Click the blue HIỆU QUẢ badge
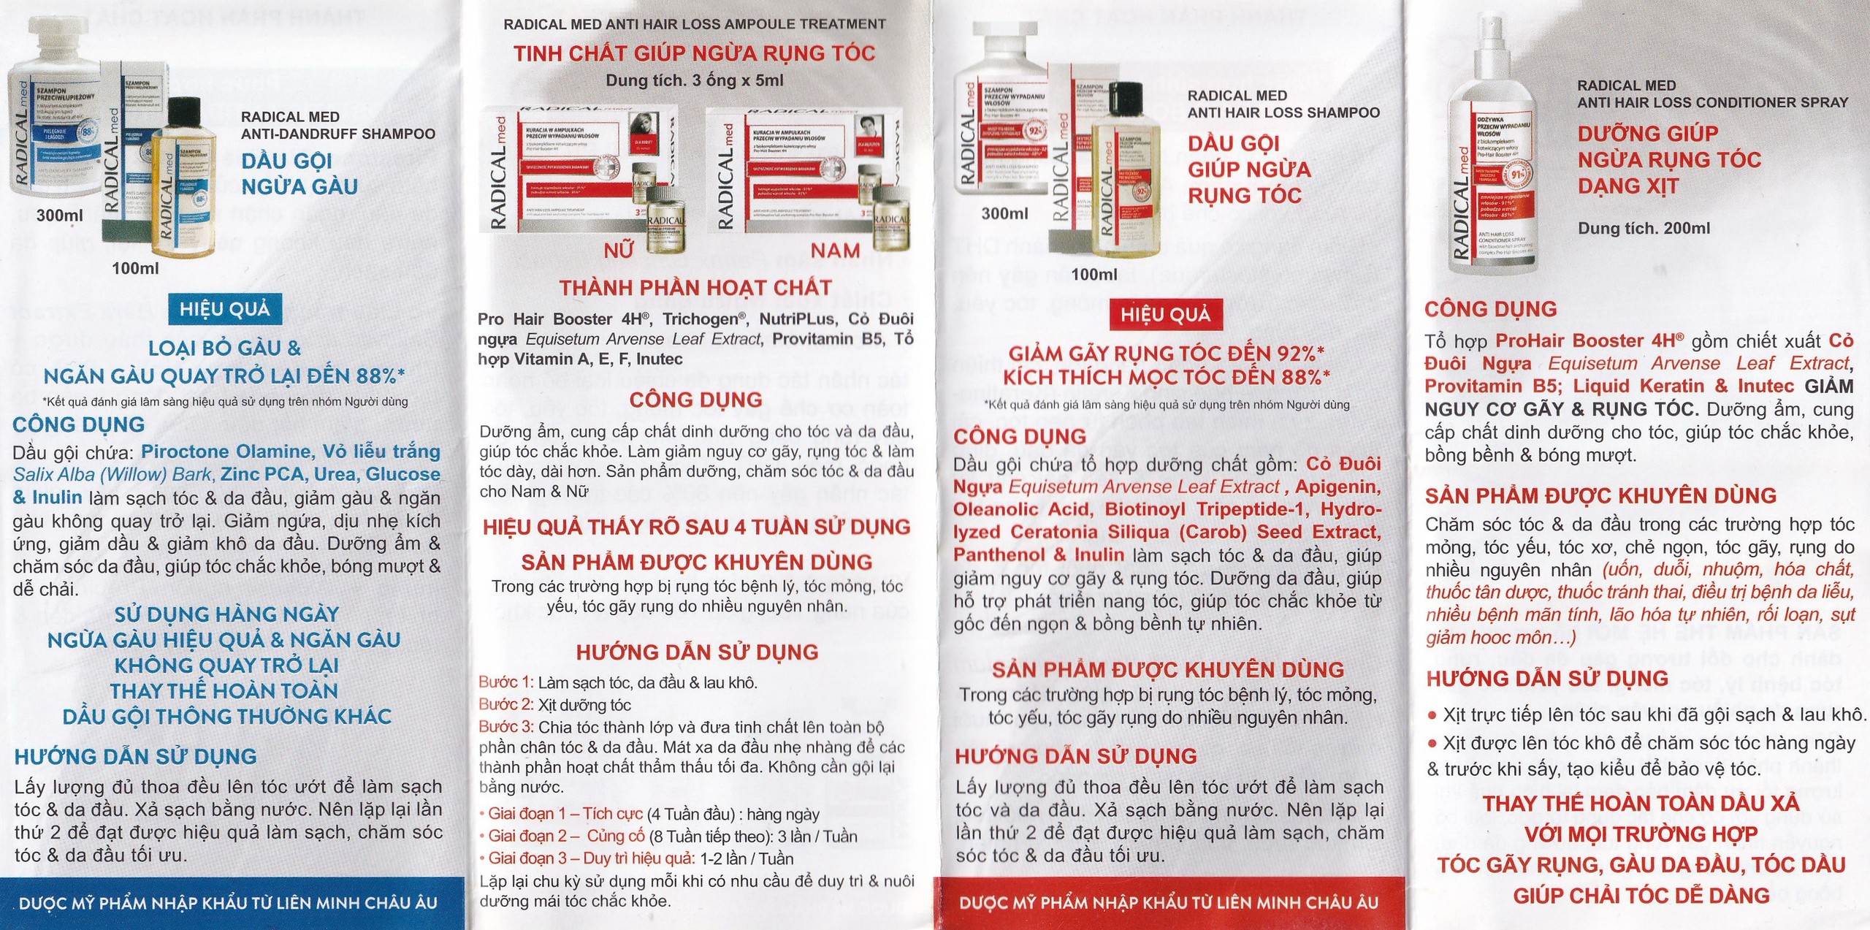[x=224, y=310]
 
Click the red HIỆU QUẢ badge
[x=1165, y=315]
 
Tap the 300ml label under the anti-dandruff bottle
[x=60, y=216]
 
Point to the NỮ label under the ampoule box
[x=618, y=251]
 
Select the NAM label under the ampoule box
[x=835, y=251]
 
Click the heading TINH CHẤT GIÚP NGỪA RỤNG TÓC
[x=694, y=53]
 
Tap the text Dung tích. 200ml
[x=1644, y=228]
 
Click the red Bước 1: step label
[x=506, y=682]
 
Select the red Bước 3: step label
[x=506, y=727]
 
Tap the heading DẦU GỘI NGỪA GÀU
[x=299, y=174]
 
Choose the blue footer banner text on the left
[x=228, y=903]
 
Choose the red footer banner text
[x=1169, y=903]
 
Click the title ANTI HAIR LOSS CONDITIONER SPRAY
[x=1712, y=103]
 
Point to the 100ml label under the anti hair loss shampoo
[x=1094, y=275]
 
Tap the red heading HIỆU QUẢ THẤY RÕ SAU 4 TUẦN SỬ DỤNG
[x=696, y=527]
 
